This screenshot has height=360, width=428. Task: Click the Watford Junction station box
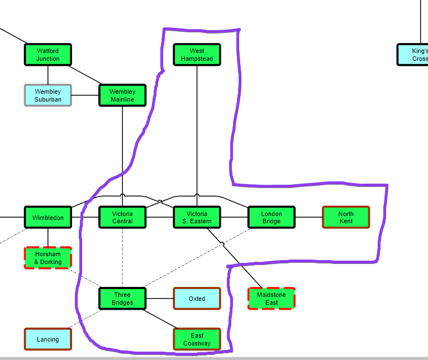[48, 55]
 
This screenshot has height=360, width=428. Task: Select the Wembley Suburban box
[48, 95]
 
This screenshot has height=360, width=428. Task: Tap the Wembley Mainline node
[122, 95]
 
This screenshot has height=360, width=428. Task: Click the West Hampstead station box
[197, 55]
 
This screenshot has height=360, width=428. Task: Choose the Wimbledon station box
[48, 217]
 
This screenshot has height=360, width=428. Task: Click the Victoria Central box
[122, 217]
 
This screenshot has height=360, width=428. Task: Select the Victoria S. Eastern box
[197, 217]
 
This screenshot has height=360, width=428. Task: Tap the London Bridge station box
[272, 217]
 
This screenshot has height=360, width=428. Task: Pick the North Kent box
[346, 217]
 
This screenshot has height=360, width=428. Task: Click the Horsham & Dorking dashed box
[48, 258]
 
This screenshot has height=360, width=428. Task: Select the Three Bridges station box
[122, 299]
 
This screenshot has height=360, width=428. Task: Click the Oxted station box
[197, 299]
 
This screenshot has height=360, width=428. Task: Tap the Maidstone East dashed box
[272, 299]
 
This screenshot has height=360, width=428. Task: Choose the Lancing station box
[48, 339]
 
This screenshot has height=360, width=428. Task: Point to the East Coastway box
[197, 339]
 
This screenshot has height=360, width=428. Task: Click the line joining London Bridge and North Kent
[308, 217]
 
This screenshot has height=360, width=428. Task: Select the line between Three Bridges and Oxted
[159, 299]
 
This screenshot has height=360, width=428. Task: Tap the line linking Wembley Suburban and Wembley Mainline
[85, 95]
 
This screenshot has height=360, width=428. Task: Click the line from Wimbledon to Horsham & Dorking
[48, 237]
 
